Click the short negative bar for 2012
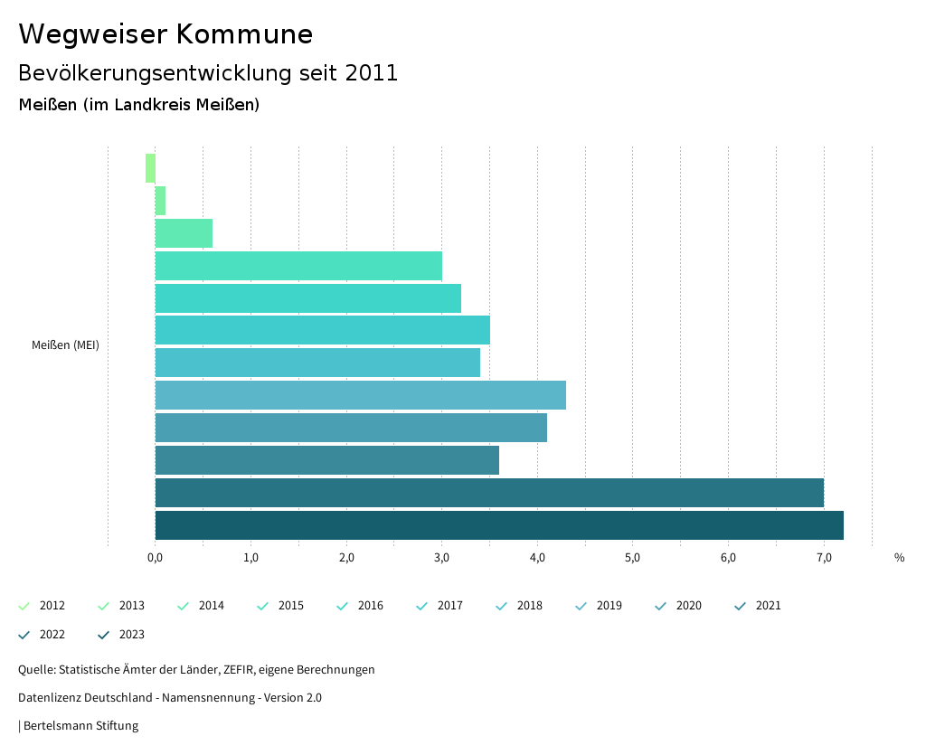coord(150,168)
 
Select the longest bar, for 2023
coord(499,525)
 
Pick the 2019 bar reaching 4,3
coord(361,395)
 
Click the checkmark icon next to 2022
coord(24,635)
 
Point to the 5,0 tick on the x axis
coord(632,557)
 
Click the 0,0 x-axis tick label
coord(155,557)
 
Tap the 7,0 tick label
coord(824,557)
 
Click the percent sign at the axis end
coord(899,557)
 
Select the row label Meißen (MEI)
coord(65,345)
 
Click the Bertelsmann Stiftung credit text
coord(80,726)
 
